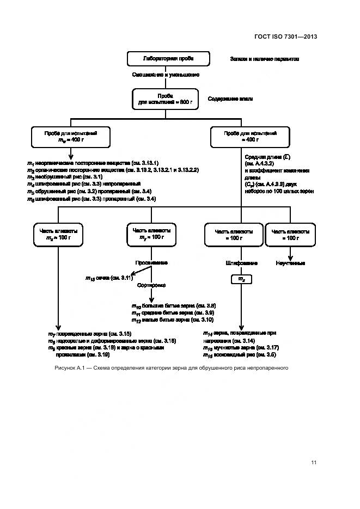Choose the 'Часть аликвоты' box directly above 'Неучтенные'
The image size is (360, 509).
290,235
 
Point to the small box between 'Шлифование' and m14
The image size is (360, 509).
242,279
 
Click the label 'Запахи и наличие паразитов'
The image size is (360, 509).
264,59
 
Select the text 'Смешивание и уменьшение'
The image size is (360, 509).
165,75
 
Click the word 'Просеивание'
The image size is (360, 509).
151,262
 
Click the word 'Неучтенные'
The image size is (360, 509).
290,263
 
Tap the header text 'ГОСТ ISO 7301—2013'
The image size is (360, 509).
285,36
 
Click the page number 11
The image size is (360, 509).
314,463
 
